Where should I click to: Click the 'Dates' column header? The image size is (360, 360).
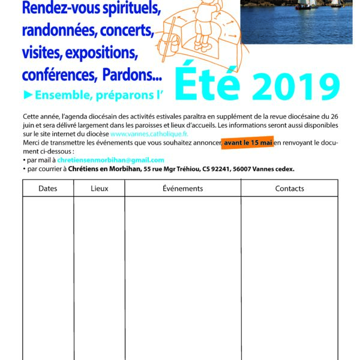point(47,188)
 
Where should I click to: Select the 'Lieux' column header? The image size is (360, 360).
point(100,188)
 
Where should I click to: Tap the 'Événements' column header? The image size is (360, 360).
point(182,188)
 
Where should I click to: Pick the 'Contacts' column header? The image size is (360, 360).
point(289,188)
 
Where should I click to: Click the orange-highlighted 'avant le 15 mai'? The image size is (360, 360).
point(248,144)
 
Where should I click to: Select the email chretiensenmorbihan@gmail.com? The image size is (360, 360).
point(110,160)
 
